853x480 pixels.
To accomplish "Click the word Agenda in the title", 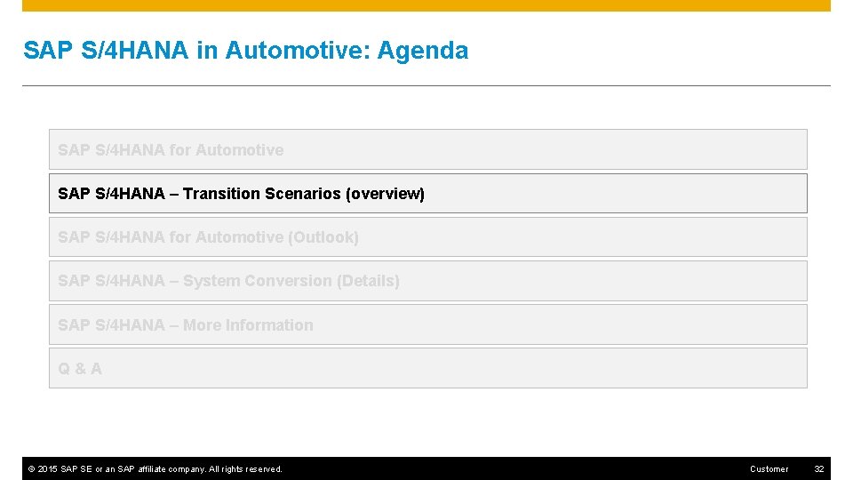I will click(422, 51).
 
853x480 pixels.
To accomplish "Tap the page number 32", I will click(819, 469).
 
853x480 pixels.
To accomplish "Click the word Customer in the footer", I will click(769, 469).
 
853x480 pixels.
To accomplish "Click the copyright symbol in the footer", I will click(31, 469).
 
